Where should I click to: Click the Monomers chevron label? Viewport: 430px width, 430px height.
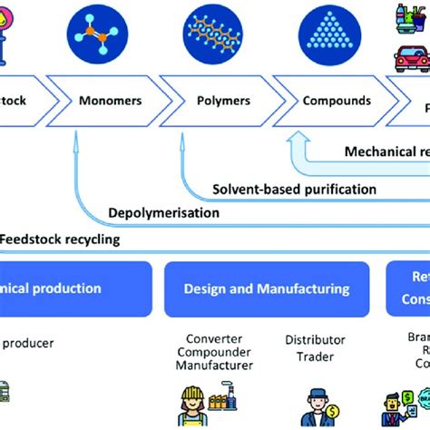click(x=110, y=101)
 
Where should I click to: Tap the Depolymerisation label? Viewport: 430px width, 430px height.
click(x=164, y=212)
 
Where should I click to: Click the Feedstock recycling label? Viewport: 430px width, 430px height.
click(x=60, y=239)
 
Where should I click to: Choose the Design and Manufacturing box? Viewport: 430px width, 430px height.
click(x=266, y=288)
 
